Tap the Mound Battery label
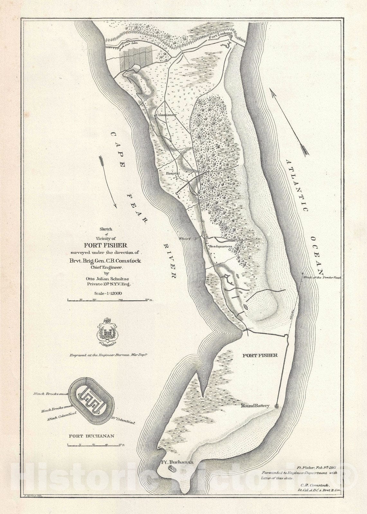point(256,406)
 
